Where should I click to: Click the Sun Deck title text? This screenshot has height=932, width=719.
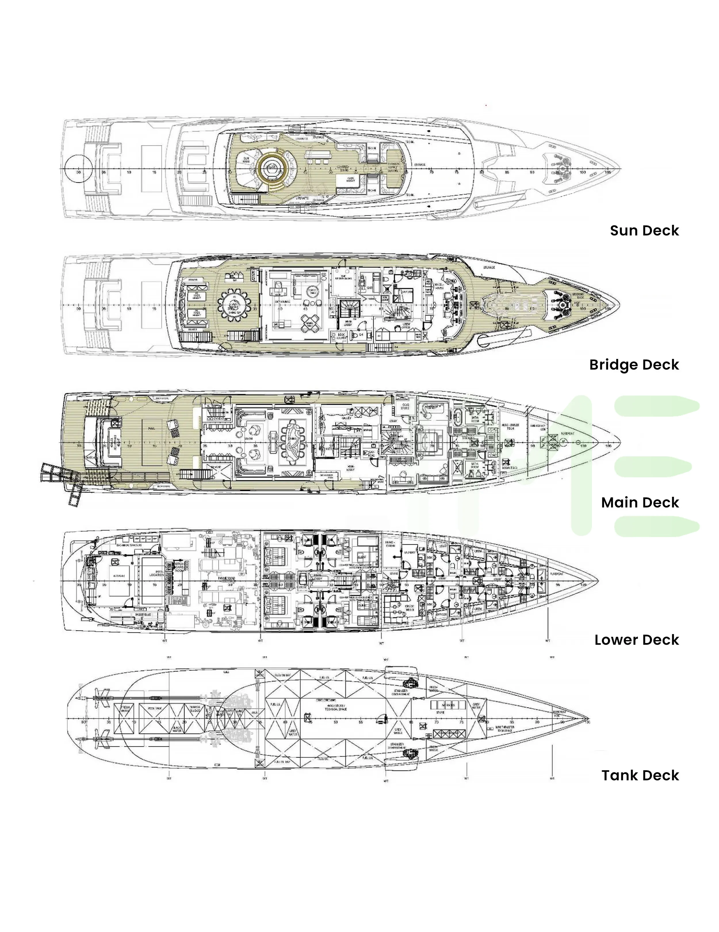coord(644,231)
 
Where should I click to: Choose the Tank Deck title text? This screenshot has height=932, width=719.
coord(640,775)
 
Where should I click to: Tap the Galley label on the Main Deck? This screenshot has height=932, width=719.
coord(346,418)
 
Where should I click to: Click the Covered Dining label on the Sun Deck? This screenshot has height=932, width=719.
coord(343,168)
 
